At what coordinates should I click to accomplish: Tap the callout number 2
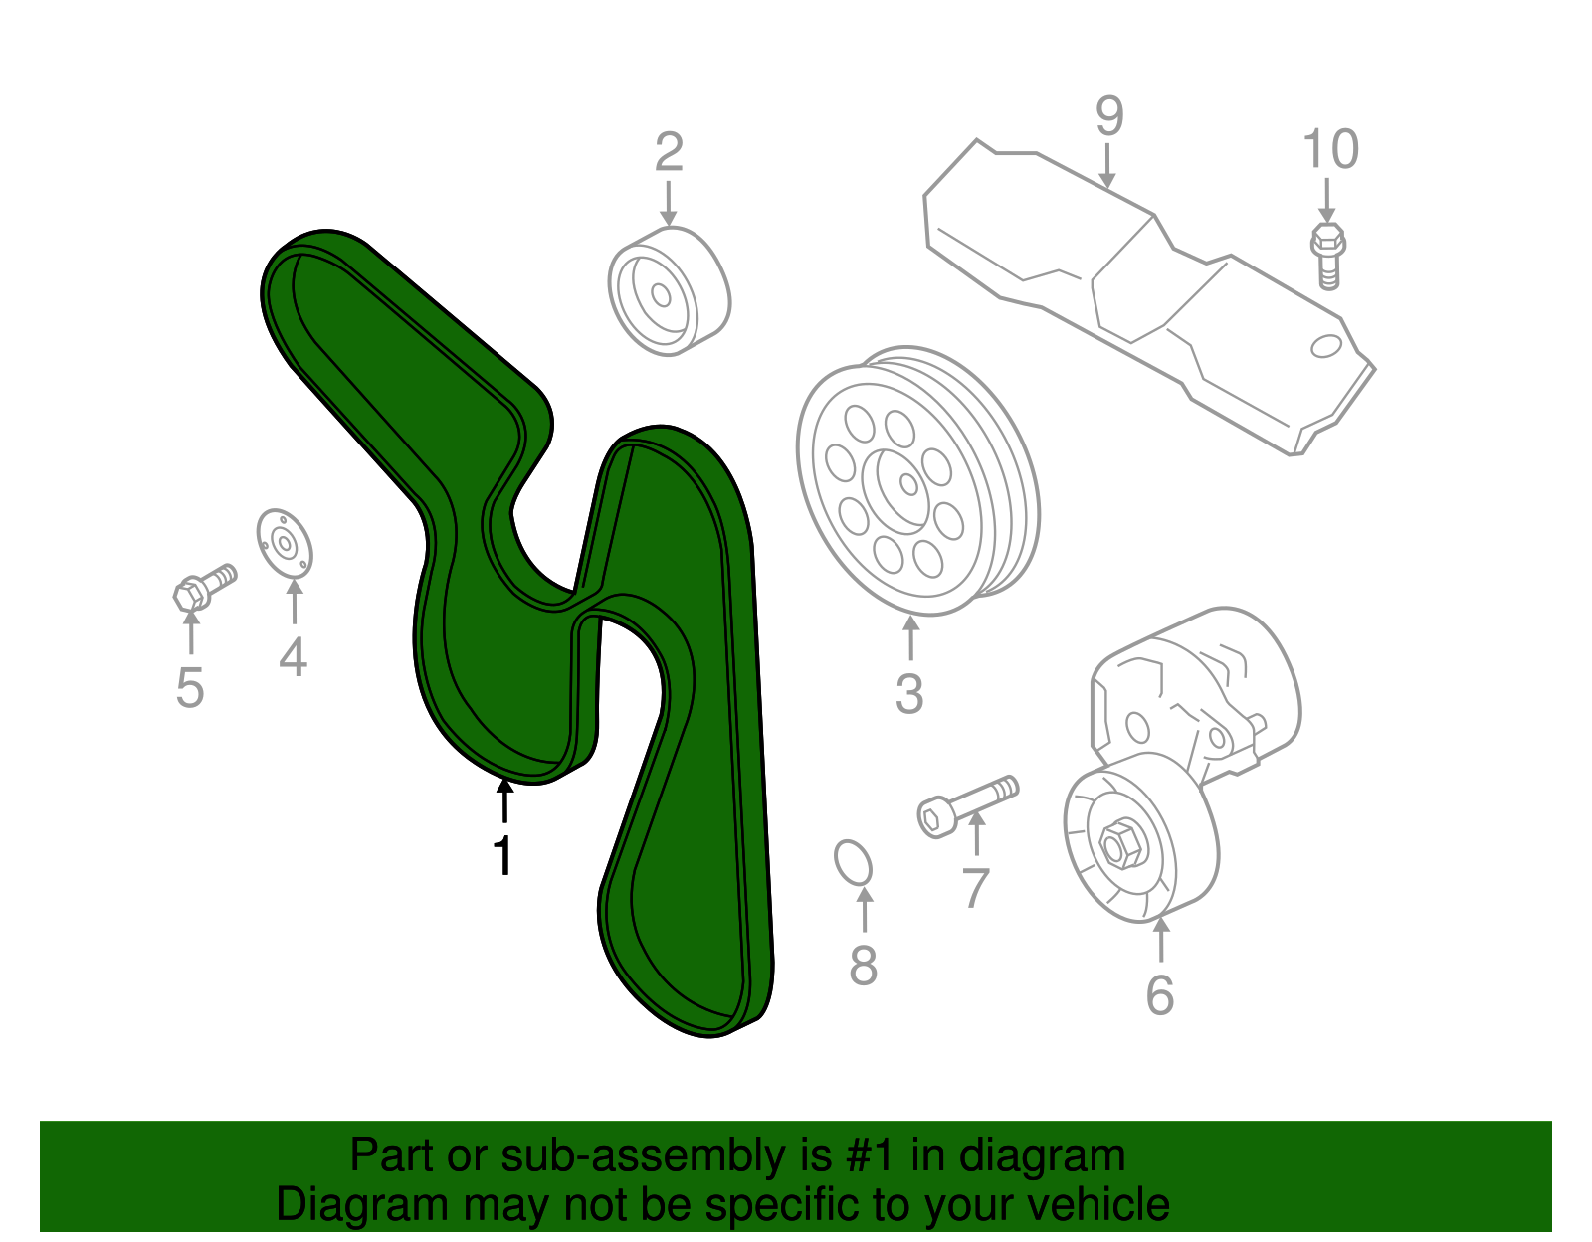point(669,152)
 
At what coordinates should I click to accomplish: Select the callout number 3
point(909,693)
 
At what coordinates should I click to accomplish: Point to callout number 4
point(293,656)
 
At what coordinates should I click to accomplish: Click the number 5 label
point(190,687)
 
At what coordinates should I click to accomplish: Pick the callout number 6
point(1160,994)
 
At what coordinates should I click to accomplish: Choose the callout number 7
point(976,887)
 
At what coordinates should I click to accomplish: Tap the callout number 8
point(863,964)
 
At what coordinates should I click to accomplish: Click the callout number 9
point(1109,117)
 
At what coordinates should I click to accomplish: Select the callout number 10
point(1330,150)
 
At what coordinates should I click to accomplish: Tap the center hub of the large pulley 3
point(907,483)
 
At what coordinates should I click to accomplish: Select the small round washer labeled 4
point(285,543)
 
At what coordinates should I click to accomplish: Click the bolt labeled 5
point(203,587)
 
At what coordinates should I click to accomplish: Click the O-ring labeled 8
point(853,863)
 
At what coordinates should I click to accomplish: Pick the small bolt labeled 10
point(1327,255)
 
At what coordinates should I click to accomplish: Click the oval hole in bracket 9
point(1326,346)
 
